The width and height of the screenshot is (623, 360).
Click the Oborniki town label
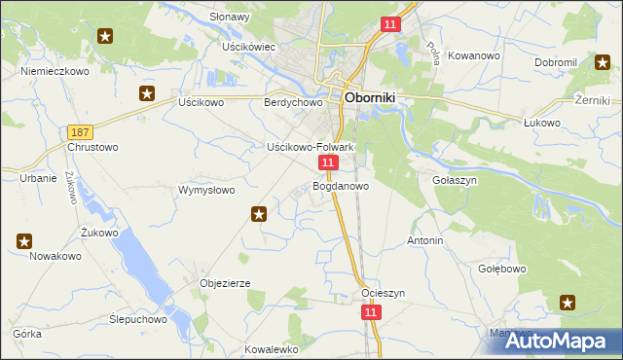point(381,97)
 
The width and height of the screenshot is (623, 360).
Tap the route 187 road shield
point(80,131)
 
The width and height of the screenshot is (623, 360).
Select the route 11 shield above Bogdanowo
point(329,162)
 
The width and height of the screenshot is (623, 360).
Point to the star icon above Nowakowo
point(25,240)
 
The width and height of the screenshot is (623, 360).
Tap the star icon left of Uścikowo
point(147,94)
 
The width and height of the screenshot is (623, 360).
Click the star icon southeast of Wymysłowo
point(259,214)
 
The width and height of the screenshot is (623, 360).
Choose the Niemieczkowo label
point(55,72)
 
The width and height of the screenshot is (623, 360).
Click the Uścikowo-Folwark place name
point(311,147)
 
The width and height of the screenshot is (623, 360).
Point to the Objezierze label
point(226,283)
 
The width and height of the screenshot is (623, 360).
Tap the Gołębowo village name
point(502,269)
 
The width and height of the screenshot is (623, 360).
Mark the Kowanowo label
point(476,56)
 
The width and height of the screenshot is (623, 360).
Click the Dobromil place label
point(556,62)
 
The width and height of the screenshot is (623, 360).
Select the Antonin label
point(425,240)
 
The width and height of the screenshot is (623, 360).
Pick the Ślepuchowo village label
point(137,319)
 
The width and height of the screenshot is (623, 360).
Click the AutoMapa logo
point(559,341)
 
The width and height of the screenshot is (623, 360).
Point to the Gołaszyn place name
point(452,181)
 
